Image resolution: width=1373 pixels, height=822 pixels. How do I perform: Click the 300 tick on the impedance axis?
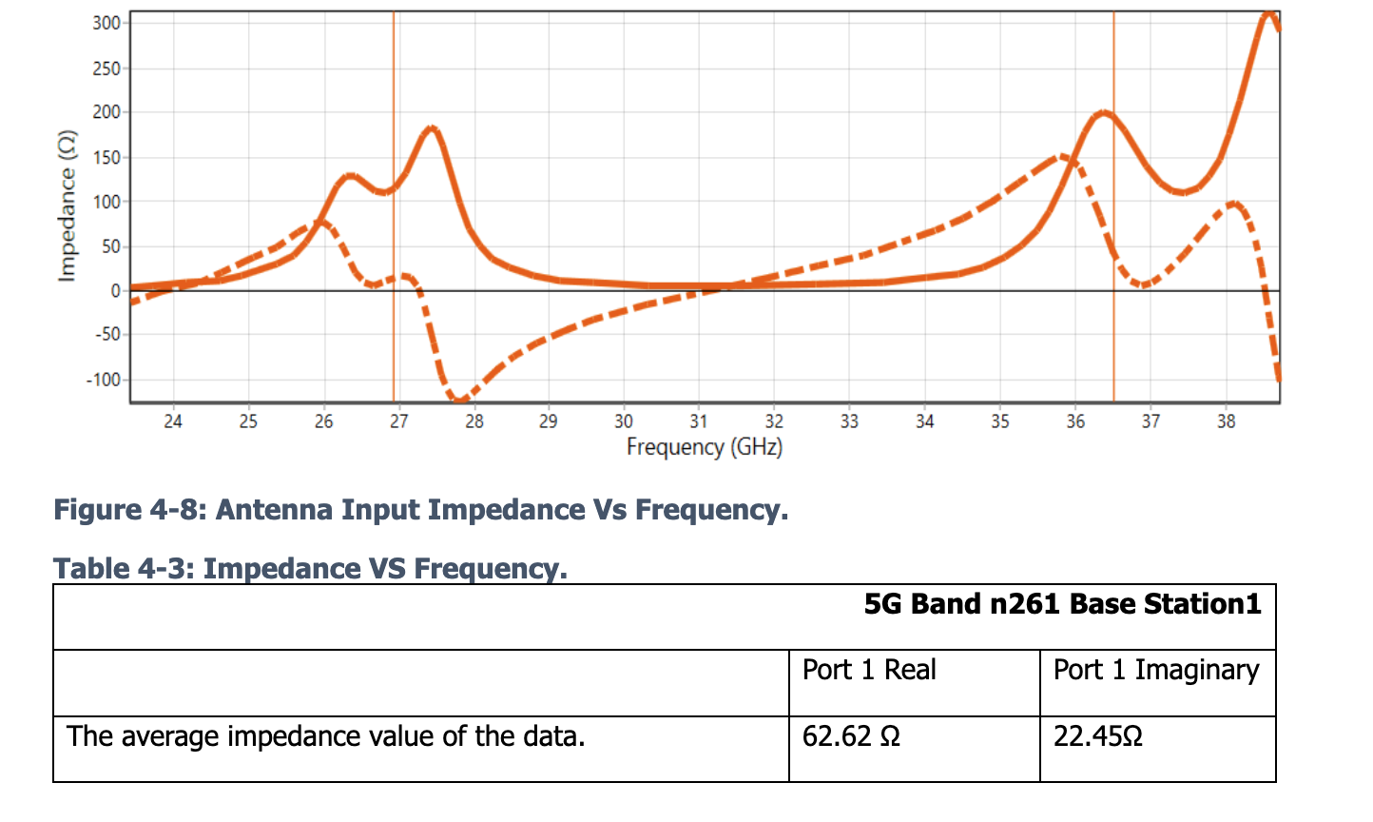point(106,23)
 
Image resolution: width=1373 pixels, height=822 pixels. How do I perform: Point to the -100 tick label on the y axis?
point(104,380)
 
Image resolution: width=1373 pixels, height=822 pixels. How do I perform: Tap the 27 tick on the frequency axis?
point(398,421)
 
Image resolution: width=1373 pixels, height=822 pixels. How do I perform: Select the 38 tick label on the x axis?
point(1226,421)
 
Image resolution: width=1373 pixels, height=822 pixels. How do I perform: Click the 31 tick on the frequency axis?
point(699,421)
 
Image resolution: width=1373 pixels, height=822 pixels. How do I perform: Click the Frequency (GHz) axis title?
point(704,446)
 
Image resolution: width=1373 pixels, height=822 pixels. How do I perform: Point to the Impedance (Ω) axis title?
point(67,205)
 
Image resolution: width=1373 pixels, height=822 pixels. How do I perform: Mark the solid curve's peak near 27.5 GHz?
point(433,127)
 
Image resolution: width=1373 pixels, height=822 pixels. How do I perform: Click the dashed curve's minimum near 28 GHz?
point(458,400)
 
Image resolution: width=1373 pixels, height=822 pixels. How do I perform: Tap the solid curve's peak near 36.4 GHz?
point(1103,113)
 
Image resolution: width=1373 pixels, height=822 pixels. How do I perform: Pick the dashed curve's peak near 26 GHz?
point(320,223)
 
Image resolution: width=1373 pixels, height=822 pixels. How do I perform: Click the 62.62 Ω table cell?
point(851,736)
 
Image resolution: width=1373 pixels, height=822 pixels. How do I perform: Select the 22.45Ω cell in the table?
point(1097,736)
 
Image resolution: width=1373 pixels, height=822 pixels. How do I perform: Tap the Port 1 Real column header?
point(869,670)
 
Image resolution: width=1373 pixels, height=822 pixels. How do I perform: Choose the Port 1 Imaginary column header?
point(1155,670)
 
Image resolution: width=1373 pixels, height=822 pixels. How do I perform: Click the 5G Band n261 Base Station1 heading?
point(1062,604)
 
